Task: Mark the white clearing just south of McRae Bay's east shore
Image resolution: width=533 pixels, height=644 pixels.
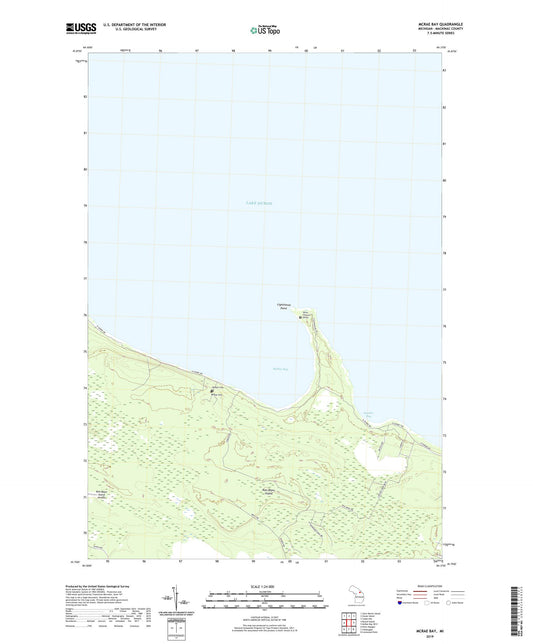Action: (x=324, y=404)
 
